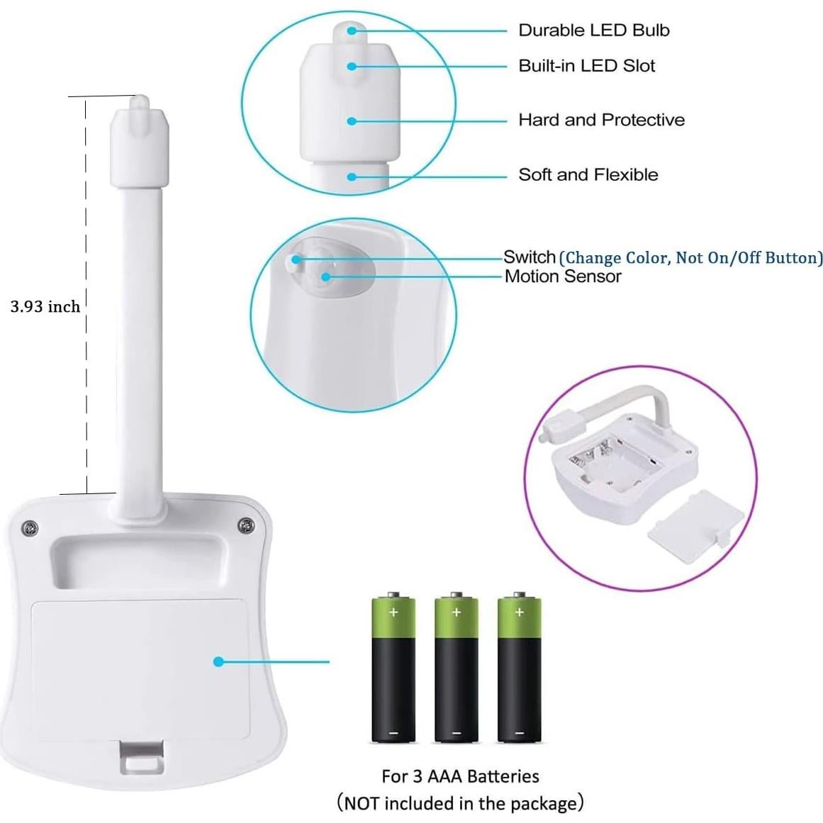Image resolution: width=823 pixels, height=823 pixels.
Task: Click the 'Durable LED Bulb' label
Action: pos(593,30)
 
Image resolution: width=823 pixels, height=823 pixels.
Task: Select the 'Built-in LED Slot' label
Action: pos(586,66)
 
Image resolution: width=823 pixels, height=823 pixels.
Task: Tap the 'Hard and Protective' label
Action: pos(601,120)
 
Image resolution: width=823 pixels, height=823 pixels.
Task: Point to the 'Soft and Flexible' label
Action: pos(588,174)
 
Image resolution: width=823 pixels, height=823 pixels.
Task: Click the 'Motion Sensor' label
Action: pos(562,276)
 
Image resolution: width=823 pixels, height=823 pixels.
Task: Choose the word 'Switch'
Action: pos(529,257)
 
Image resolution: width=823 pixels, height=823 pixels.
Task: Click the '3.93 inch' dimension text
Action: pos(45,306)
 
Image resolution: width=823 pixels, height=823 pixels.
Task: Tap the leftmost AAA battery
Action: pos(393,669)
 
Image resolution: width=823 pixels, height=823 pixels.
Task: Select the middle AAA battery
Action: pos(456,669)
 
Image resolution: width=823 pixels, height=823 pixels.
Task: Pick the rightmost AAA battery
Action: pos(519,669)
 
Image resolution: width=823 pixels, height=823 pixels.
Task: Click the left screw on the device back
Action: pos(29,527)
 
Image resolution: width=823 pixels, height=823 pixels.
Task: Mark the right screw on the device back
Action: pos(245,525)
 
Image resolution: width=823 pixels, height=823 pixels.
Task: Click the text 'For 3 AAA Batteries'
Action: pos(460,776)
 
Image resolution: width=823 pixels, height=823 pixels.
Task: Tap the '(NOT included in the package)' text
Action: pos(460,803)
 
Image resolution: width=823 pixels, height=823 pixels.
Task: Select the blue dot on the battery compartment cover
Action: pos(218,661)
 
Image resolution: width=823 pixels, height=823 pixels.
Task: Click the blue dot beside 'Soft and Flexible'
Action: pos(352,176)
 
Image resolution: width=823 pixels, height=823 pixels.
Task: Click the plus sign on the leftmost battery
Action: pos(393,611)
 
